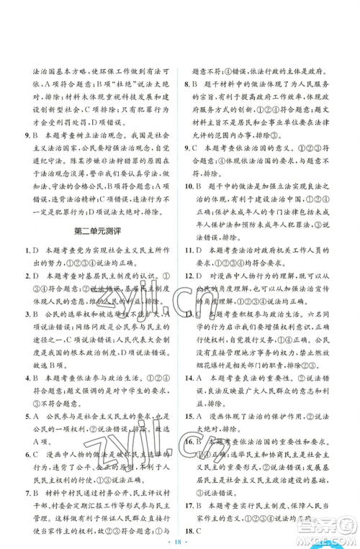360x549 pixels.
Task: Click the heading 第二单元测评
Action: pos(96,249)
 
